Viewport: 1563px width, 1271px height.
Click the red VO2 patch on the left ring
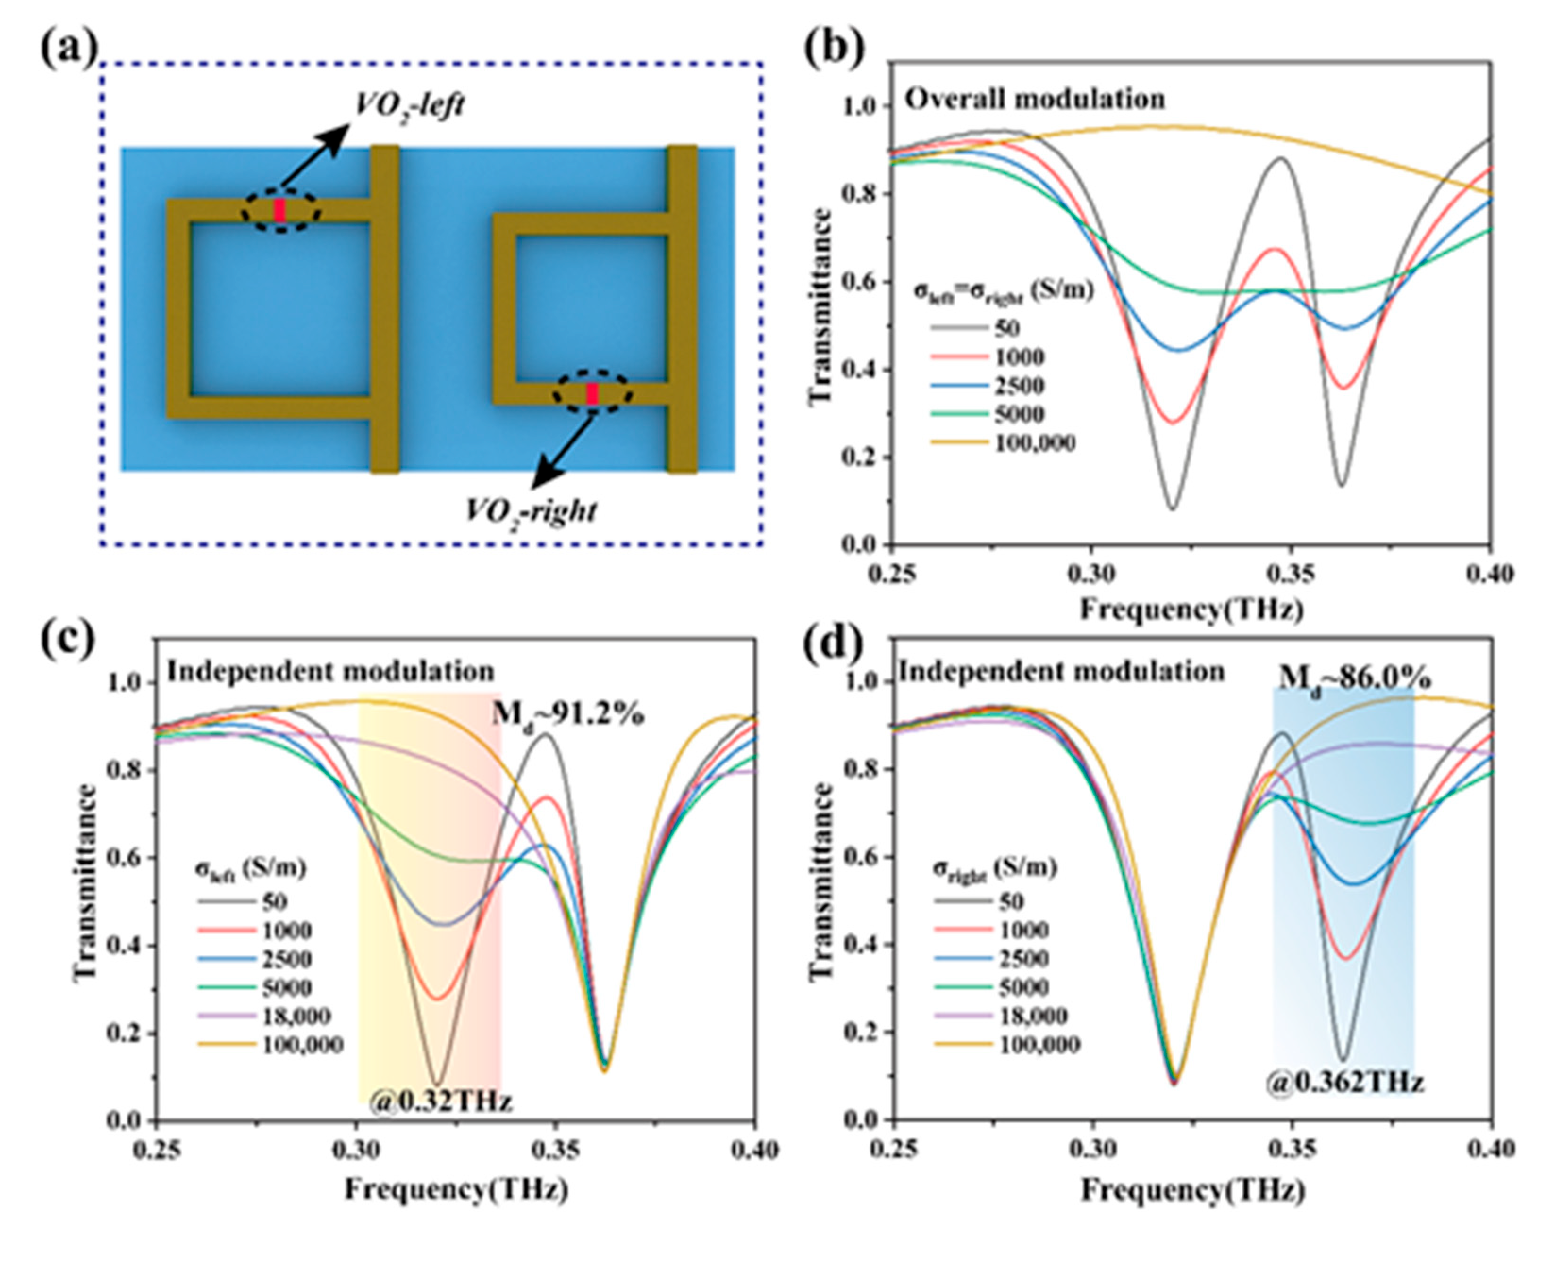click(x=279, y=210)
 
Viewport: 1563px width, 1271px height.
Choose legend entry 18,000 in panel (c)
click(x=296, y=1016)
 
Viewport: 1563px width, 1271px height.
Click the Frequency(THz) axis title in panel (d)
click(x=1192, y=1190)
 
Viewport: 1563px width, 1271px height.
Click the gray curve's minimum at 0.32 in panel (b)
click(x=1173, y=507)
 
